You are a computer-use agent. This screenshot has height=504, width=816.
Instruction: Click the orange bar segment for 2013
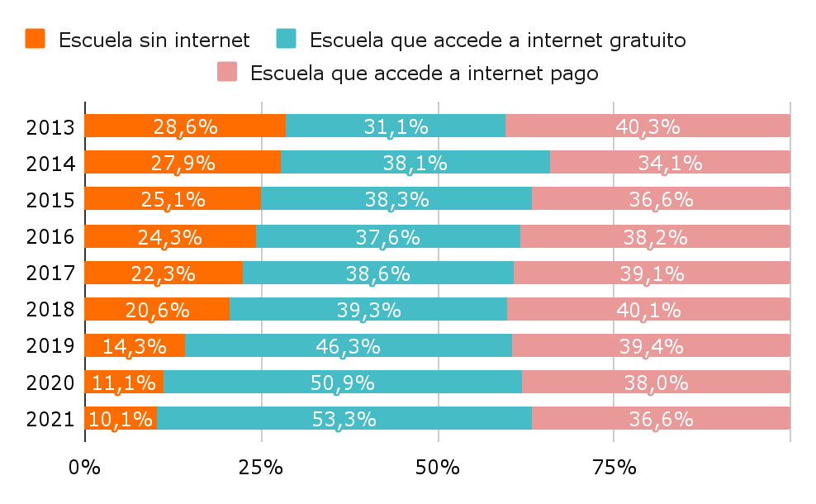tap(185, 126)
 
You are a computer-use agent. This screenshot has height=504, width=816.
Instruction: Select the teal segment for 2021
tap(344, 419)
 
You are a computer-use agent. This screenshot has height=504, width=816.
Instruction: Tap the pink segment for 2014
tap(670, 163)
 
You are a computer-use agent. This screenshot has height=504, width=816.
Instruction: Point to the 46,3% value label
tap(348, 346)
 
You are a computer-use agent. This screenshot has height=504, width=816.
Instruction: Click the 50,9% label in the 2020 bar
tap(342, 383)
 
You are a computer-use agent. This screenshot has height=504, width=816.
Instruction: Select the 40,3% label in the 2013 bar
tap(648, 126)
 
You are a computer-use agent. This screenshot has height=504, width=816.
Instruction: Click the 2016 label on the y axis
tap(50, 237)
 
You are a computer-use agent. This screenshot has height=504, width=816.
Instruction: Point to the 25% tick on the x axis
tap(261, 468)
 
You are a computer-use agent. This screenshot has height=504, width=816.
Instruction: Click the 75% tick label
tap(614, 468)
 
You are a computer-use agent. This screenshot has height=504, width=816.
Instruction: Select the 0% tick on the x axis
tap(84, 468)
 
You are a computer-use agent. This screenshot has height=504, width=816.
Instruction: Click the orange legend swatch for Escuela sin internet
tap(36, 39)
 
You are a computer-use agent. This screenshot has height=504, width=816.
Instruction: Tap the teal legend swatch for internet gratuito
tap(286, 39)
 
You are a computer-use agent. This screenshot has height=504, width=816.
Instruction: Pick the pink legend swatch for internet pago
tap(227, 73)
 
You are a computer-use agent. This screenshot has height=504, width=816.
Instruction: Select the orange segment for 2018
tap(157, 310)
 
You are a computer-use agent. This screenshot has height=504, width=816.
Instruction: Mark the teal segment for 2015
tap(396, 199)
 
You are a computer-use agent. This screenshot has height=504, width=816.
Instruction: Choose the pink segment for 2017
tap(652, 273)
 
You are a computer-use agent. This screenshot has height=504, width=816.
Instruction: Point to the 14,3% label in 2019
tap(134, 346)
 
